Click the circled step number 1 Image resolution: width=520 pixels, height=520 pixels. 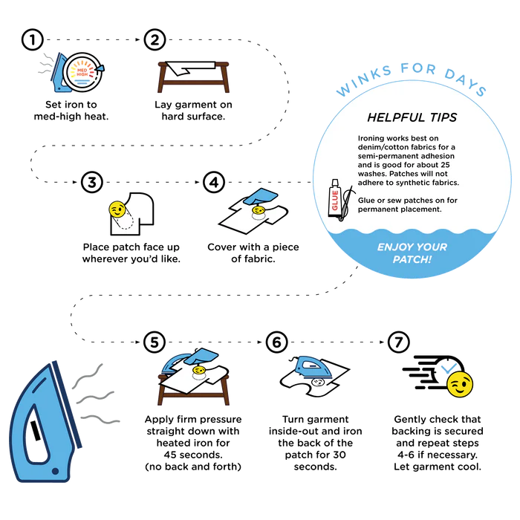point(33,40)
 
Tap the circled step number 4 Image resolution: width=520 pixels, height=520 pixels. point(214,182)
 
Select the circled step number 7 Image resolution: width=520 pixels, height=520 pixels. point(399,342)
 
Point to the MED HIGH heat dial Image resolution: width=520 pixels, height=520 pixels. point(83,72)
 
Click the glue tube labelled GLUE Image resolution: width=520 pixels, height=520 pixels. point(334,198)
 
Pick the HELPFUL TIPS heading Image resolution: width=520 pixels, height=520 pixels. point(412,117)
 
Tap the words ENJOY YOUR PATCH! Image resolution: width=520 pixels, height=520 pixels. point(412,253)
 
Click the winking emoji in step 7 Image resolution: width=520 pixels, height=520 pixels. point(460,384)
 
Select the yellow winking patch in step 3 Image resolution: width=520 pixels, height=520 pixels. point(117,209)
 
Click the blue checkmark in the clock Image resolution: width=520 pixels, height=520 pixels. point(449,368)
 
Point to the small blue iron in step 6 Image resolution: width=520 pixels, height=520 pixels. point(313,368)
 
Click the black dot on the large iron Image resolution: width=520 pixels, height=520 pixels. point(56,471)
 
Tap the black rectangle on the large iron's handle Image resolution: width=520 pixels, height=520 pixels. point(36,431)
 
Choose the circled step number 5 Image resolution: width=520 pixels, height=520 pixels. point(155,342)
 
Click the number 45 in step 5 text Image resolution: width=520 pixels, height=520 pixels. point(170,455)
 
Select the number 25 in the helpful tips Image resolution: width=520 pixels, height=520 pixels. point(445,165)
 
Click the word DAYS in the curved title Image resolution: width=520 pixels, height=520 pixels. point(465,82)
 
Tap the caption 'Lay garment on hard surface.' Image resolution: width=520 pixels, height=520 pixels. point(193,111)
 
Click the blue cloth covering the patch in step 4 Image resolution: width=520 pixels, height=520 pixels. point(260,197)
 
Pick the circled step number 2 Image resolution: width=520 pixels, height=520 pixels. point(155,40)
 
